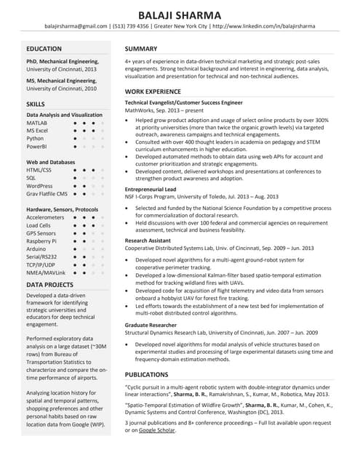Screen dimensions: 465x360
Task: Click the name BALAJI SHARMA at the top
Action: click(180, 12)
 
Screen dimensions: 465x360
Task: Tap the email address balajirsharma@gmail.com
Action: click(76, 26)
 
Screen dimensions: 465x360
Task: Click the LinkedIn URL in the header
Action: click(265, 26)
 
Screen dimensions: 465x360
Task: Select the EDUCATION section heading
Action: click(44, 49)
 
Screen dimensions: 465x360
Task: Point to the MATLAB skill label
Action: click(37, 124)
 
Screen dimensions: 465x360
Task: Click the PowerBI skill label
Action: click(38, 146)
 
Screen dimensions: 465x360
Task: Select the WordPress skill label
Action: click(40, 185)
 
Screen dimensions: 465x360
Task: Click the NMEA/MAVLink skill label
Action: click(46, 272)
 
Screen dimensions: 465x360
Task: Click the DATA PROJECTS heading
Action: click(50, 285)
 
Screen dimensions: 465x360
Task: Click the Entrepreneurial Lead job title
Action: click(151, 189)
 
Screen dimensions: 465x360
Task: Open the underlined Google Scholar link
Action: click(157, 430)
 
